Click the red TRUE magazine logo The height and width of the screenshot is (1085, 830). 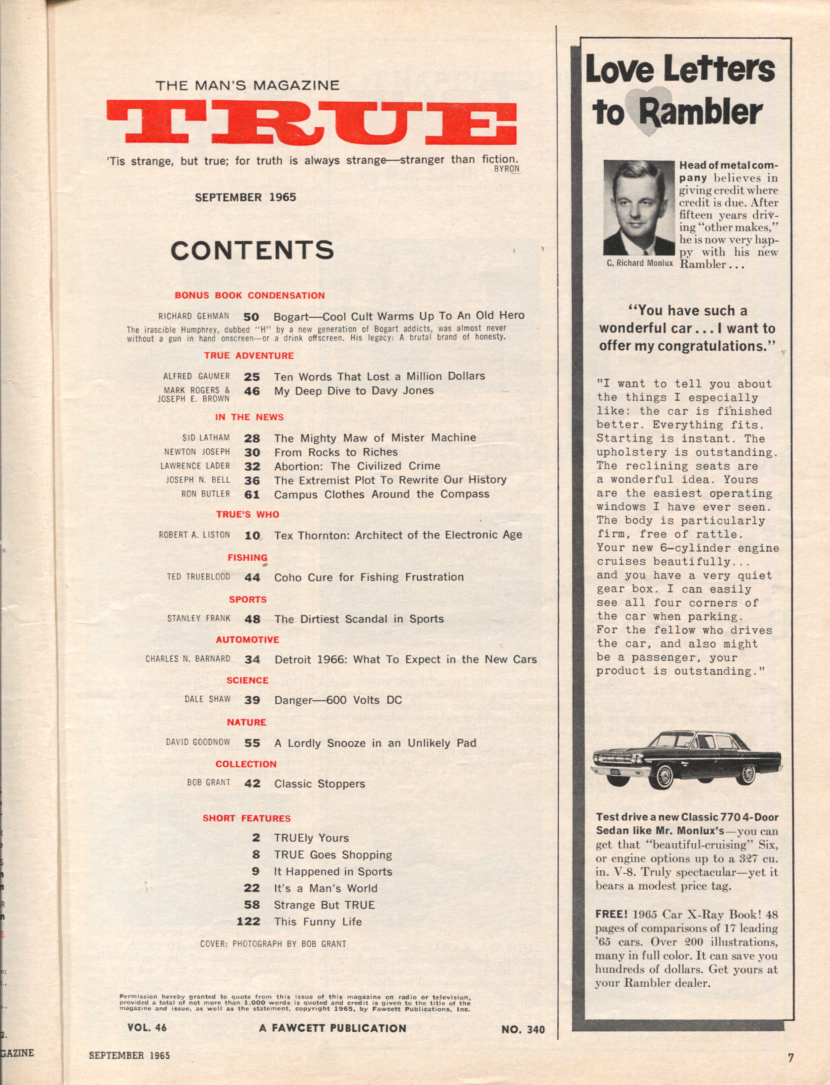coord(312,123)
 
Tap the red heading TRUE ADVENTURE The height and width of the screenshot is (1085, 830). coord(249,356)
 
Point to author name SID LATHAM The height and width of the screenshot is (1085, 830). coord(206,438)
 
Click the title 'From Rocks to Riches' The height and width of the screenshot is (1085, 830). coord(336,452)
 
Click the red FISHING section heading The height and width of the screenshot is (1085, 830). coord(248,557)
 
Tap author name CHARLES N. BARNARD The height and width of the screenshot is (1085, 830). coord(188,659)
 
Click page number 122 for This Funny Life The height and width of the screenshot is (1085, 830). coord(248,922)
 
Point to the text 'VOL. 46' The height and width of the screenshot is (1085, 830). coord(147,1028)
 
